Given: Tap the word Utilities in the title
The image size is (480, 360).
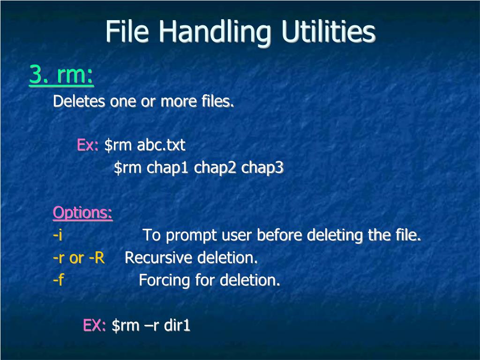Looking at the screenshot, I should [328, 32].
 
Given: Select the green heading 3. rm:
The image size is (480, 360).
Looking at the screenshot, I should [61, 75].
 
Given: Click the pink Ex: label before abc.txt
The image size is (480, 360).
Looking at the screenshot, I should [87, 145].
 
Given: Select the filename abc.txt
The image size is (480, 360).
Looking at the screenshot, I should [161, 145].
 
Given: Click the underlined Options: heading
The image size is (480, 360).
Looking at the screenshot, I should [82, 213].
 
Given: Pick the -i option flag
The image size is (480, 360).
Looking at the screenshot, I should [58, 235].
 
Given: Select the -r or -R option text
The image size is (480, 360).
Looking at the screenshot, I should [78, 257].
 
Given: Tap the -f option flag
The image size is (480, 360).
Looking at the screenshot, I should [58, 280].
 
